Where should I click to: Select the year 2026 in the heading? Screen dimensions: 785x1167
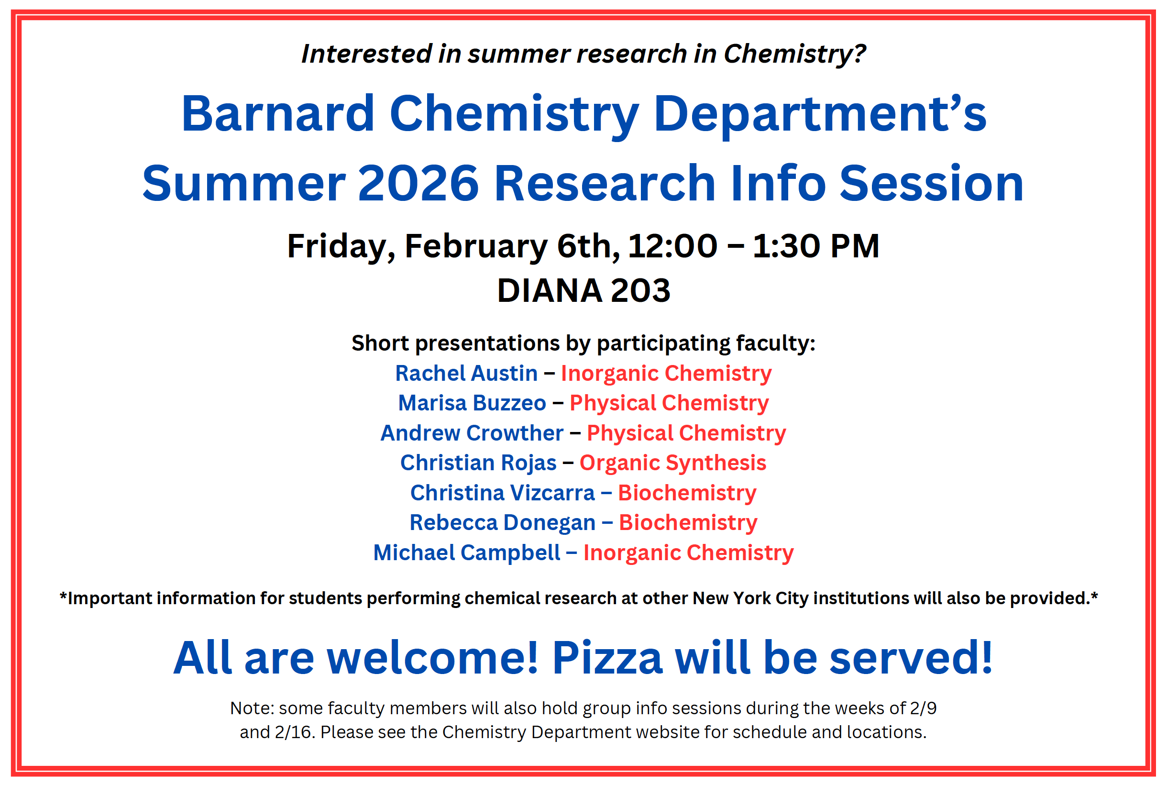click(418, 184)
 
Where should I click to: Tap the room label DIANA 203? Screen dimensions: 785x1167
click(583, 290)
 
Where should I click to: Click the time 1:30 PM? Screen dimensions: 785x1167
click(815, 246)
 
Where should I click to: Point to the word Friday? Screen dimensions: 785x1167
click(340, 246)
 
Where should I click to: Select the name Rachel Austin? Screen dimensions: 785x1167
click(466, 374)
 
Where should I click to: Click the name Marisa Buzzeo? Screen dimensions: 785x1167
click(472, 403)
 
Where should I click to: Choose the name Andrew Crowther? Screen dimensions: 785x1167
click(472, 433)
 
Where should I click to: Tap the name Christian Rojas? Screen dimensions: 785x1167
click(478, 463)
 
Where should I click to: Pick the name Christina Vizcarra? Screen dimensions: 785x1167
click(502, 493)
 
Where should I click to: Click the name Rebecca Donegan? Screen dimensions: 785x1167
click(502, 523)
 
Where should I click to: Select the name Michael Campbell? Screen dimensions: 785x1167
click(466, 553)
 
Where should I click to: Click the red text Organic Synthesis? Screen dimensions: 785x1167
click(672, 463)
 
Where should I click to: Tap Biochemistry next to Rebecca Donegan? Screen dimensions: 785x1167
click(688, 523)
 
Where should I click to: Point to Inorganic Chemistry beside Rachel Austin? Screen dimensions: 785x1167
click(666, 374)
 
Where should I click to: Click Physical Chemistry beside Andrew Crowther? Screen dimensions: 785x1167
click(686, 433)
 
